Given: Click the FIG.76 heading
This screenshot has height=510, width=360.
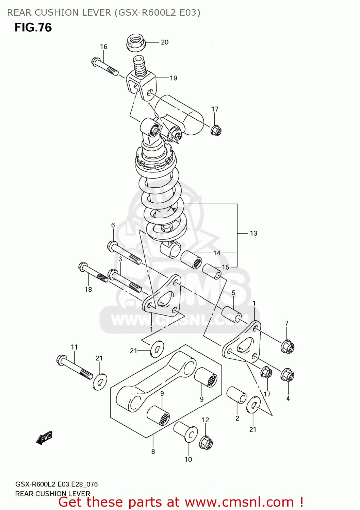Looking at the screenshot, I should point(33,28).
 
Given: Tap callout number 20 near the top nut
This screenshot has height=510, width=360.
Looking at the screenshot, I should point(165,42).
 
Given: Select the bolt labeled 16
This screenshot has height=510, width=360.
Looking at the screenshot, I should point(105,67).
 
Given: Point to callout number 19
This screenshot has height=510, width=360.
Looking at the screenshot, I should point(174,78).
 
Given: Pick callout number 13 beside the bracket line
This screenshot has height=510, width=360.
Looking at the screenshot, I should point(253,233).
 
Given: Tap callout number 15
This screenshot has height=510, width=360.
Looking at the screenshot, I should point(226,267).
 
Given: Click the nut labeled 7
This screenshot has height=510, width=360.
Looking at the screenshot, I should point(288,347).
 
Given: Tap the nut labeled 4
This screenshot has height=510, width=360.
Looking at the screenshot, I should point(288,375).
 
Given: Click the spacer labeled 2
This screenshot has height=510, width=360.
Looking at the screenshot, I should point(236,395).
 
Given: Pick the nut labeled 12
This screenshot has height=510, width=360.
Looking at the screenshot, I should point(206,442).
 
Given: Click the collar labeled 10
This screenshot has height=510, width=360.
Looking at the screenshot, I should point(186,432).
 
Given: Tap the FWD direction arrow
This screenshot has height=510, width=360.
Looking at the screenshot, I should point(44,438).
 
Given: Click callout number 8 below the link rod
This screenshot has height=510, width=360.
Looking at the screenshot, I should point(153,452).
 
